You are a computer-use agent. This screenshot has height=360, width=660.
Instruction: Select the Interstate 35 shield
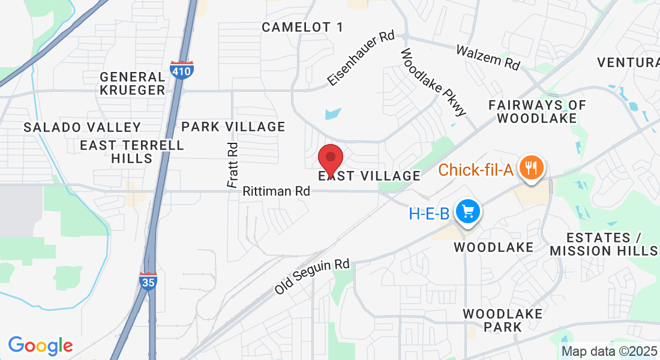point(148,281)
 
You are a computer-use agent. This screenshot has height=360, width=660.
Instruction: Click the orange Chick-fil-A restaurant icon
point(531,167)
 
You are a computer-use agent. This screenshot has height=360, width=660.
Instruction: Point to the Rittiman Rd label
point(277,192)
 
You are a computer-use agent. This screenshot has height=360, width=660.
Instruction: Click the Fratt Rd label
point(233,166)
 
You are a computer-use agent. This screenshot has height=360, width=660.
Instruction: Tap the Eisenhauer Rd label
point(361,58)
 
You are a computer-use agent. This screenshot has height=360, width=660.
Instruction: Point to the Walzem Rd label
point(488,56)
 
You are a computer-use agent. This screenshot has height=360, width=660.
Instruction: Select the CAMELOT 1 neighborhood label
point(303,27)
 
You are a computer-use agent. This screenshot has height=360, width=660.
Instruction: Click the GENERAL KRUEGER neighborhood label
point(133,83)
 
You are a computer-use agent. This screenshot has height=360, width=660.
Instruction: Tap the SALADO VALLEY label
point(82,127)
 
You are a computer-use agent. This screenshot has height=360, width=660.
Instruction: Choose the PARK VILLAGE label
point(233,127)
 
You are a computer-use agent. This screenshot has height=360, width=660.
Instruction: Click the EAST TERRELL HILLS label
point(132,152)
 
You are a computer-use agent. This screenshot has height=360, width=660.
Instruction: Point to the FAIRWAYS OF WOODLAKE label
point(537,111)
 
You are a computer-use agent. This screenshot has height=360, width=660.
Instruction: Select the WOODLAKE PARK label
point(503,320)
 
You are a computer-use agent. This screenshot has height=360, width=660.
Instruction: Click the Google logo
point(40,346)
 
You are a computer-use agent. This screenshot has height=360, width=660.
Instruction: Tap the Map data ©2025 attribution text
point(610,351)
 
